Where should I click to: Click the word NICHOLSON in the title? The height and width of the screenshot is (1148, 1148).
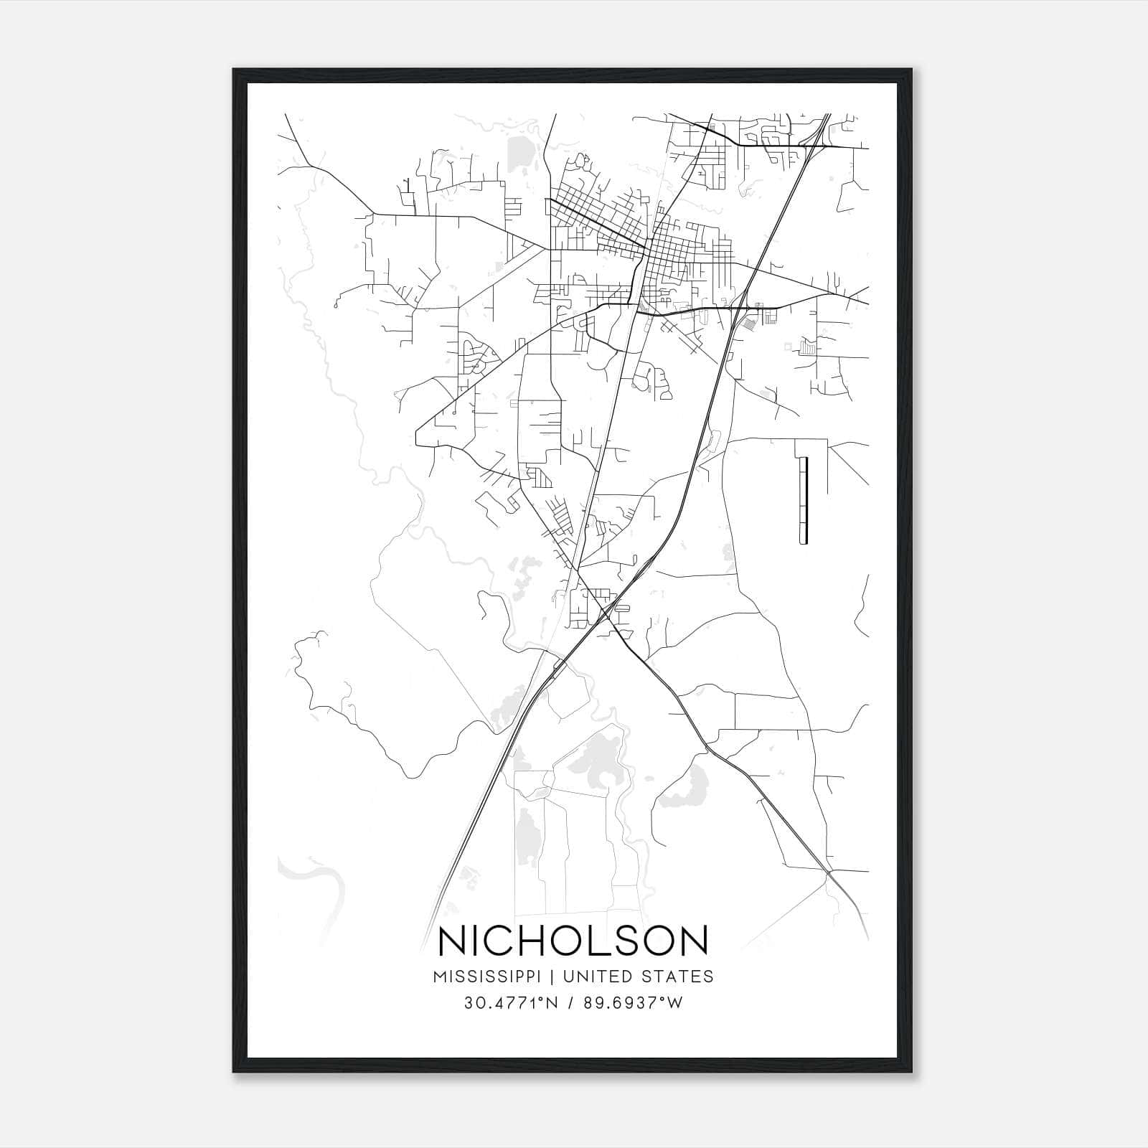tap(573, 941)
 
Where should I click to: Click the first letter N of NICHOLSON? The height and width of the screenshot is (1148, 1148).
tap(453, 941)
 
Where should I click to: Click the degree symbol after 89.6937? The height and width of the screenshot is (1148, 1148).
tap(668, 999)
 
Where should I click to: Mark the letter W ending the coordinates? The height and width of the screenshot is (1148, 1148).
tap(677, 1003)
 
